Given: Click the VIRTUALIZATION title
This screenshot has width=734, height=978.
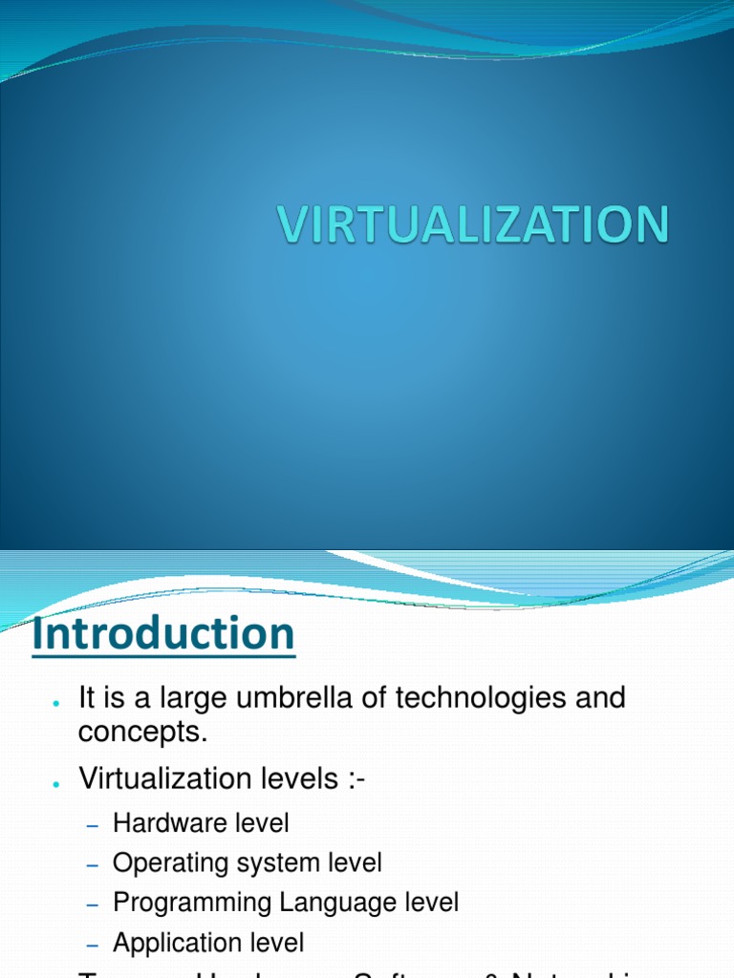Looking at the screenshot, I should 473,225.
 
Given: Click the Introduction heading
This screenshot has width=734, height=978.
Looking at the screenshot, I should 163,634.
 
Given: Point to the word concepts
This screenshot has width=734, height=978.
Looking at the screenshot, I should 141,733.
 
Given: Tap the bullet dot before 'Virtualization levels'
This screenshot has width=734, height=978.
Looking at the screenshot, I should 57,784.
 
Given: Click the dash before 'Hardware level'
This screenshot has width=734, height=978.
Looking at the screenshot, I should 93,824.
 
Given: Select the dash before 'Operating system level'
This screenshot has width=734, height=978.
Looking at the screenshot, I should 93,864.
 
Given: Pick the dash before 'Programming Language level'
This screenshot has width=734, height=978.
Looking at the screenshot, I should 93,904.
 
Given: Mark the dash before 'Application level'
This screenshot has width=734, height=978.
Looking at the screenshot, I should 93,945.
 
